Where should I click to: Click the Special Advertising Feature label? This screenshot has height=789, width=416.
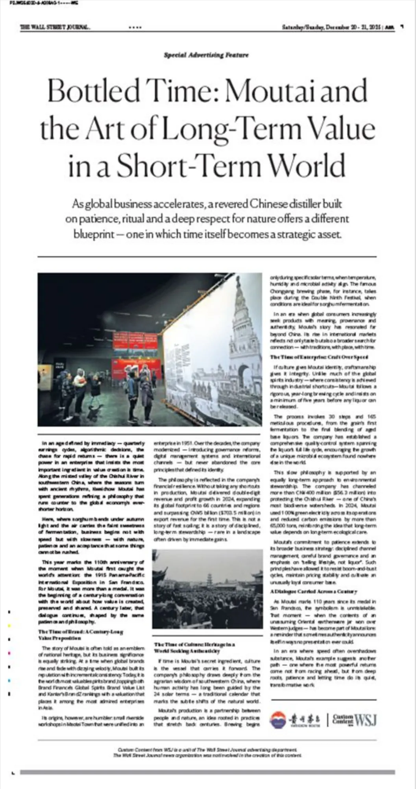point(206,55)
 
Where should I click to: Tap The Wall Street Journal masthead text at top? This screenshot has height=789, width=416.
point(55,27)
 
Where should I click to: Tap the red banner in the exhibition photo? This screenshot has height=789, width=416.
point(135,341)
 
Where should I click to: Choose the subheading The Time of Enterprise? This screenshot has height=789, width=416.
point(319,357)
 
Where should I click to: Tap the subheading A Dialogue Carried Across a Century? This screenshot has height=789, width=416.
point(313,591)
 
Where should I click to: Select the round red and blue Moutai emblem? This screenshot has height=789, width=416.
point(278,720)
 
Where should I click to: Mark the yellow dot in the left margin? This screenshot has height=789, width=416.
point(9,625)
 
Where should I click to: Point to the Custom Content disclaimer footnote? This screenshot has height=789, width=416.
point(207,753)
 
